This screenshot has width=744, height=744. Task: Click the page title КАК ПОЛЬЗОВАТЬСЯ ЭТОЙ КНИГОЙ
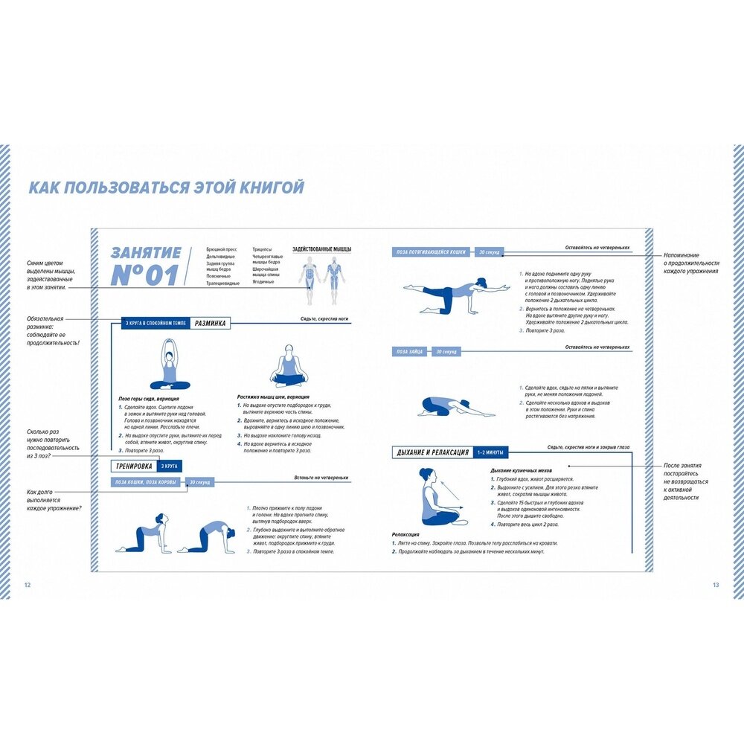click(x=166, y=187)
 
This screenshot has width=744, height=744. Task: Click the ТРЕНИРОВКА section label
click(x=130, y=467)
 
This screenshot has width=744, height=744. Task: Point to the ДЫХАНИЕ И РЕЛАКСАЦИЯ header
click(x=432, y=452)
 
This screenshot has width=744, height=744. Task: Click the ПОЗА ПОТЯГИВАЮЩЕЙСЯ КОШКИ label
click(x=432, y=252)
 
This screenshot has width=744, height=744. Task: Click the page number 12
click(x=28, y=585)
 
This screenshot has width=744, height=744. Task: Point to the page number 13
click(x=716, y=585)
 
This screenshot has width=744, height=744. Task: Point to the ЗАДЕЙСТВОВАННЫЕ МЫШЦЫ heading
click(x=321, y=249)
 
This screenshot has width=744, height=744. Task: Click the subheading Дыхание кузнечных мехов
click(x=521, y=471)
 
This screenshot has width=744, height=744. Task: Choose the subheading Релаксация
click(x=406, y=534)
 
